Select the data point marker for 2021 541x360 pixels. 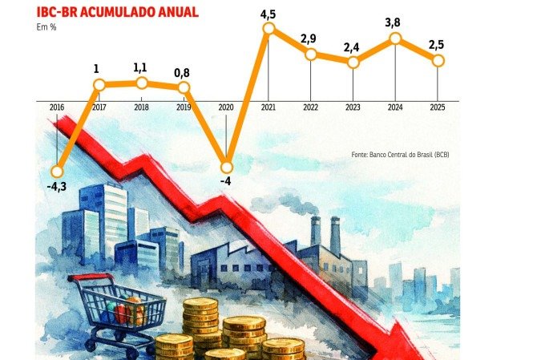tap(268, 29)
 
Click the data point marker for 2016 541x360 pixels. tap(57, 171)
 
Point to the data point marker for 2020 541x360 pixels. tap(226, 167)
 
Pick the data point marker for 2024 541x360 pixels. tap(394, 38)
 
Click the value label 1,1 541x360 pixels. tap(142, 67)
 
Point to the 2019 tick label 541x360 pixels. tap(184, 107)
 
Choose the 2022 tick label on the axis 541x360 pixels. tap(310, 107)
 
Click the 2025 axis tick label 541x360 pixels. tap(437, 107)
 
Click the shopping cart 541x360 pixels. tap(120, 309)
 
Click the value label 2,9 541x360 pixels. tap(310, 38)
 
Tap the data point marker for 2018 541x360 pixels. tap(142, 83)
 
